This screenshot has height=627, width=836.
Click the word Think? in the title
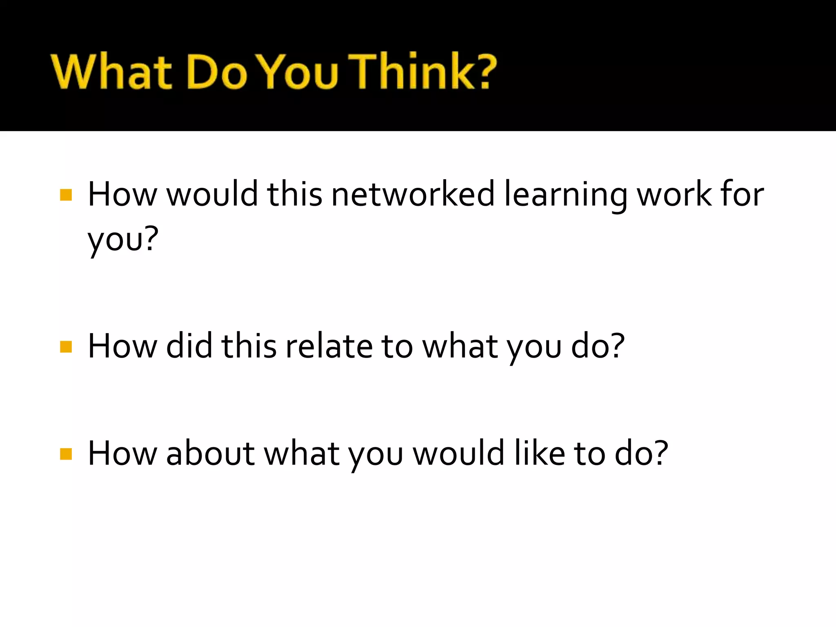tap(425, 71)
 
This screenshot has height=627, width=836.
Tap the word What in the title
tap(111, 71)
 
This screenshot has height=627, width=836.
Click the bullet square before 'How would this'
tap(66, 195)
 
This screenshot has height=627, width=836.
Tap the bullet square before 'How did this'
tap(66, 347)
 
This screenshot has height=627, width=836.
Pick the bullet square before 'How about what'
tap(66, 454)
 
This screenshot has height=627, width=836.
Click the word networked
tap(413, 194)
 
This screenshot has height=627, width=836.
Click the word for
tap(742, 194)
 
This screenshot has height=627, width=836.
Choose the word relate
tap(329, 346)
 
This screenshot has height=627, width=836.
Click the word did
tap(189, 346)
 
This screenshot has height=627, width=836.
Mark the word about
tap(211, 453)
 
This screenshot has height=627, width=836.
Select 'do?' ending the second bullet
tap(598, 346)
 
